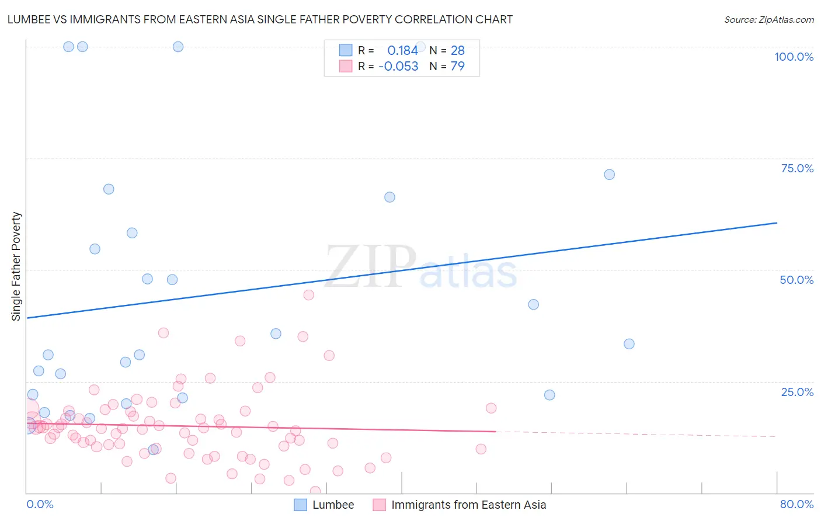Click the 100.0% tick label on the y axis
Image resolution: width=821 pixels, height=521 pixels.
[794, 57]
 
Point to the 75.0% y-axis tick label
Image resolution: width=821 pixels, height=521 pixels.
[797, 168]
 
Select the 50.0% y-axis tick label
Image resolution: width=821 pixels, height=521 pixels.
[796, 280]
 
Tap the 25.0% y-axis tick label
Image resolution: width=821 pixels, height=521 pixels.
[797, 392]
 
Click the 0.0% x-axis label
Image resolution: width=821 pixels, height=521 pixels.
[40, 504]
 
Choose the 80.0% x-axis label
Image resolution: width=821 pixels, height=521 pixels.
[796, 504]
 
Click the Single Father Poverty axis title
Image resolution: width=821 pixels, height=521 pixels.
[16, 266]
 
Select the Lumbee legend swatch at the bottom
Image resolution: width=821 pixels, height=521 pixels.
[300, 505]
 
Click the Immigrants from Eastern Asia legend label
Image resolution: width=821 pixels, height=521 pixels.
[468, 505]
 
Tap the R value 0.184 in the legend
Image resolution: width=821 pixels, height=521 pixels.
[402, 51]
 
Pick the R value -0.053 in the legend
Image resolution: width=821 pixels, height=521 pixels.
[398, 67]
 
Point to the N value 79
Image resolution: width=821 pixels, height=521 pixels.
[457, 67]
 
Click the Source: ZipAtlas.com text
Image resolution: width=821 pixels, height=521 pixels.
[768, 20]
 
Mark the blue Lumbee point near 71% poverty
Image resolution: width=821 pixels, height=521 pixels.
[609, 175]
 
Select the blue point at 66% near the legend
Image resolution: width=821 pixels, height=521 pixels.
[389, 197]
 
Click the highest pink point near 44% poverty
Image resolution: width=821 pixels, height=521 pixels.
[309, 295]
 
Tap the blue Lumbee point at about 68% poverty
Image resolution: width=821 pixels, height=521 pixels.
[109, 189]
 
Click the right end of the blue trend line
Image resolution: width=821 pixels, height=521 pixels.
[777, 223]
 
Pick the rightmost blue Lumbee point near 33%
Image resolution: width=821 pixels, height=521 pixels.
[629, 344]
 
